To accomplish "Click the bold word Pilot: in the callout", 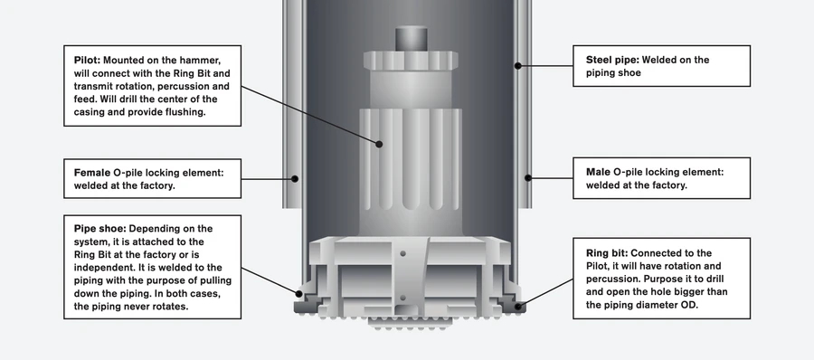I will [x=88, y=60].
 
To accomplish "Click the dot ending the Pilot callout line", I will [x=381, y=143].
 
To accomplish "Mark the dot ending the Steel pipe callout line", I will [x=517, y=64].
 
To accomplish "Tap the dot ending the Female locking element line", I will [x=296, y=178].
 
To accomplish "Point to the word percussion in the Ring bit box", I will [x=610, y=279].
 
